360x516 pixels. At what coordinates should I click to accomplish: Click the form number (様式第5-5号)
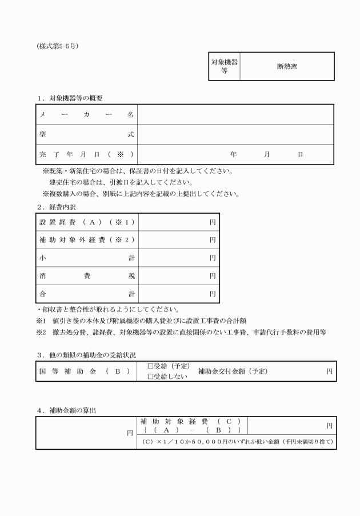[57, 46]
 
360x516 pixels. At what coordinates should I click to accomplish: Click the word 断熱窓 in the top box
[286, 66]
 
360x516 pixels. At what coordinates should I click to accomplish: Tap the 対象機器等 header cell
[225, 66]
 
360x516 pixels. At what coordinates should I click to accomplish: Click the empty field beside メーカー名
[235, 115]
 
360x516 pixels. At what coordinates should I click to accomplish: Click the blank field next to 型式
[235, 135]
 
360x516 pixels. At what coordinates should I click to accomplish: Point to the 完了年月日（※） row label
[86, 154]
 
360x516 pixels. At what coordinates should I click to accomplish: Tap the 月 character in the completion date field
[267, 154]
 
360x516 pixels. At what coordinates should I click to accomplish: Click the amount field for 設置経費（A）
[178, 223]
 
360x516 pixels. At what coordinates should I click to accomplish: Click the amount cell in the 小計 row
[178, 258]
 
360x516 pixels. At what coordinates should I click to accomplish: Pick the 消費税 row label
[86, 275]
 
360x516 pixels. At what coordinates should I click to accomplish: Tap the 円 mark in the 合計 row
[212, 294]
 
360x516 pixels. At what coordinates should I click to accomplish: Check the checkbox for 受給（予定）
[150, 366]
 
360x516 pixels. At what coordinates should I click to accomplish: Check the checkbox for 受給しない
[150, 376]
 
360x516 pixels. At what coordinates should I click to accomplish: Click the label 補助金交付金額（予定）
[233, 371]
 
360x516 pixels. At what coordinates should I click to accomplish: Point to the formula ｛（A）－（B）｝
[192, 429]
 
